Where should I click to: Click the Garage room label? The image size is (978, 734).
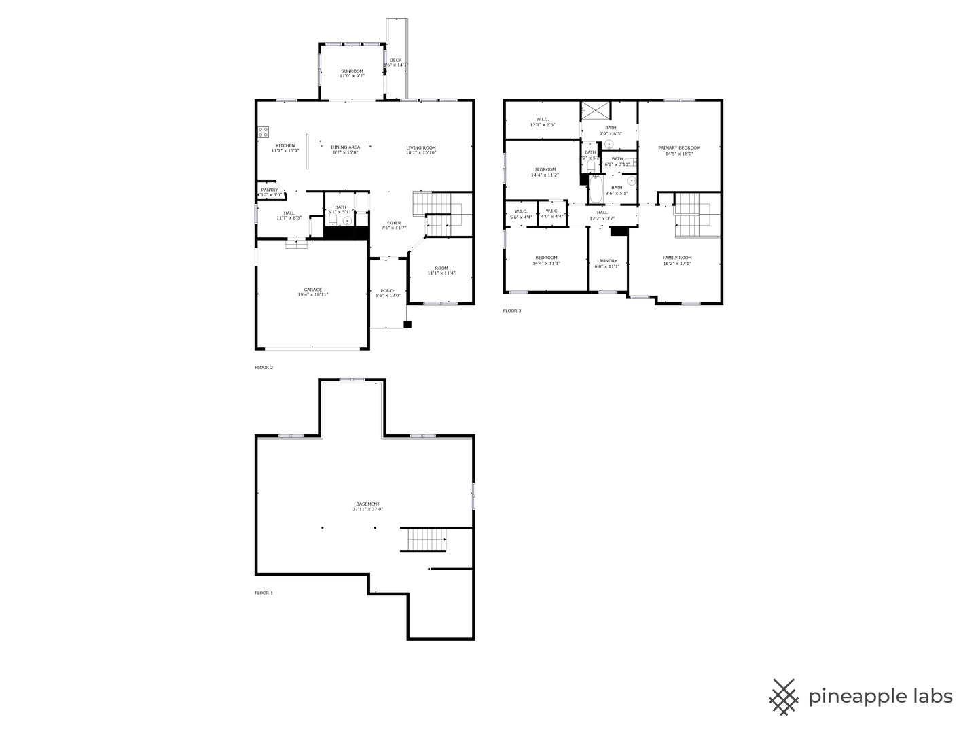(x=312, y=292)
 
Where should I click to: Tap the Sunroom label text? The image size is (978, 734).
(x=352, y=73)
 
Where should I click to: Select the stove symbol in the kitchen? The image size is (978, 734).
(x=263, y=133)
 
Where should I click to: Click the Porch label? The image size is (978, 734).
(x=388, y=293)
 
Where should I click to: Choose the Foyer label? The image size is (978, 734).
(x=394, y=225)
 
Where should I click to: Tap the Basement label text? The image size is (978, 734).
(x=367, y=506)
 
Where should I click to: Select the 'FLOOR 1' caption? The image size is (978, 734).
(x=264, y=593)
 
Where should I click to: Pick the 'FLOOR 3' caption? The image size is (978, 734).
(x=512, y=311)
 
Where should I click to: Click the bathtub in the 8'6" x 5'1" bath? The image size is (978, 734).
(x=596, y=190)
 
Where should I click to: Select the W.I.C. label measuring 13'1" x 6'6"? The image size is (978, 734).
(x=542, y=122)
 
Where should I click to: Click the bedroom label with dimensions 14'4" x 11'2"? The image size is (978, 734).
(x=544, y=172)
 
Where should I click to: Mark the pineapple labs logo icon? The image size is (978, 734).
(x=784, y=697)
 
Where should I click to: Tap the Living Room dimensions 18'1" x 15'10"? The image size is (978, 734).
(x=420, y=153)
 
